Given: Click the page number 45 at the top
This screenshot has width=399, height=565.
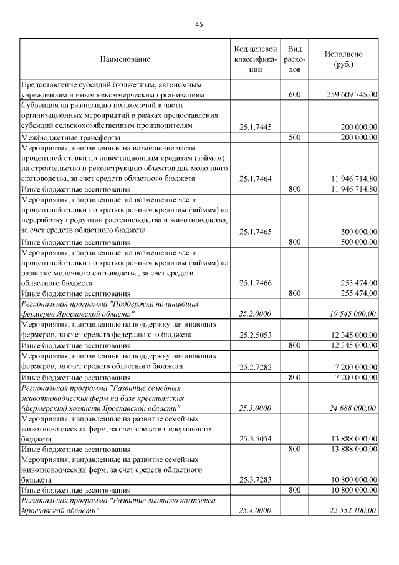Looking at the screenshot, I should [x=199, y=24].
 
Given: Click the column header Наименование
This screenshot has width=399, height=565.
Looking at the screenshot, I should [x=125, y=59].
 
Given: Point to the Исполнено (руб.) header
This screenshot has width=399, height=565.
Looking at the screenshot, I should [x=344, y=59].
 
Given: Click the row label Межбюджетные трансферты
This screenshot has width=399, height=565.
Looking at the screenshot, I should [x=71, y=137].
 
